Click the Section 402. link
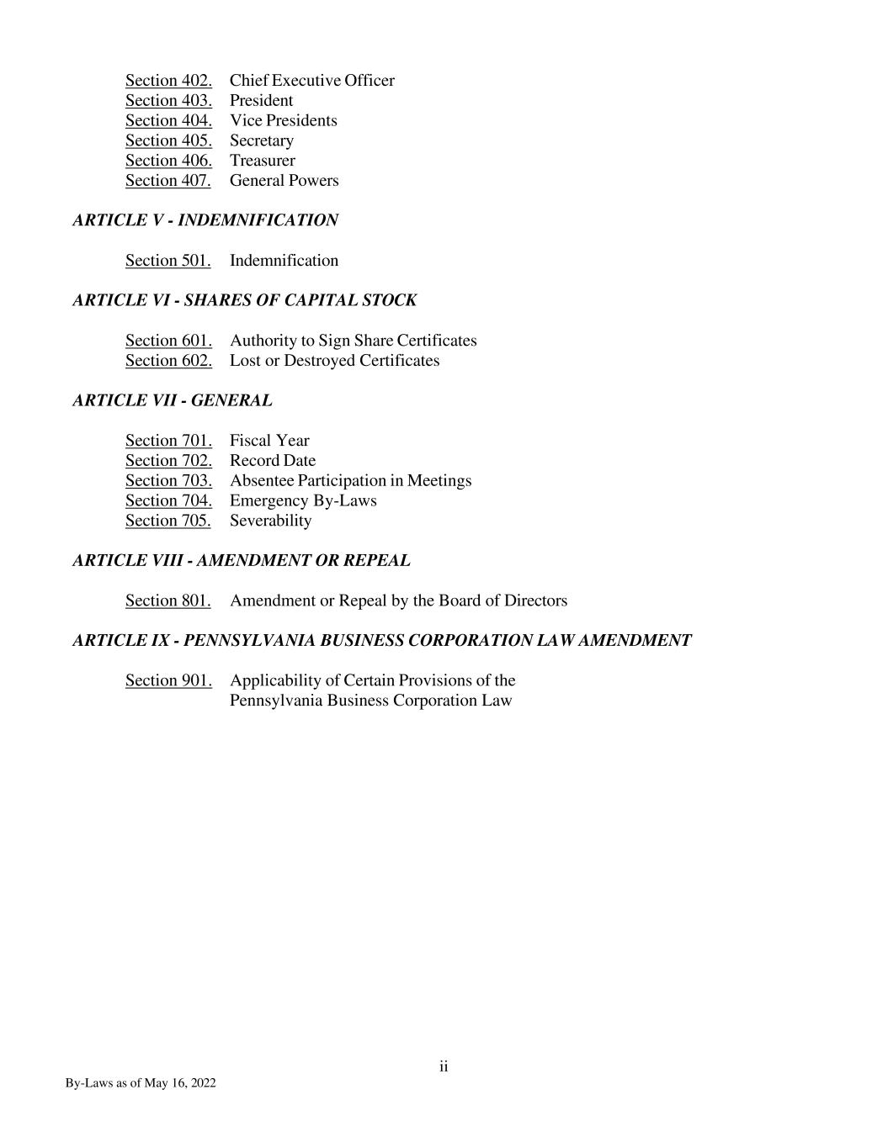168,81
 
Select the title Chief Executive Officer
311,81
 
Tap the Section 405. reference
168,140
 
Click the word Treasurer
262,161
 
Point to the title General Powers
284,181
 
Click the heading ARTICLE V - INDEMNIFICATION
205,220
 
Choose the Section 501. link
167,261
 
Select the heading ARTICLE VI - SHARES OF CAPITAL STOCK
244,300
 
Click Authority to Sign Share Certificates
353,341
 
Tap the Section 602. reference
168,361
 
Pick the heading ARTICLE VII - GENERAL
173,400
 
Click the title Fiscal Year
269,441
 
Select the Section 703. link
168,481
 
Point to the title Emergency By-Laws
303,501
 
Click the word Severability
270,521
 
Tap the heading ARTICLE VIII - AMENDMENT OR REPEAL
242,560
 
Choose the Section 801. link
167,600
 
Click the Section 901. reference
168,680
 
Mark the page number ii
444,1067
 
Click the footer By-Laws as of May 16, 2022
141,1083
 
